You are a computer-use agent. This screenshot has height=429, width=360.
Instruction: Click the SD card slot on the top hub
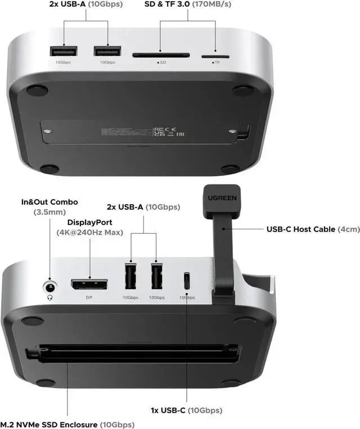[160, 56]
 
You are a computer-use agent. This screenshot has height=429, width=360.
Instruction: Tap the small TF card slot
[215, 56]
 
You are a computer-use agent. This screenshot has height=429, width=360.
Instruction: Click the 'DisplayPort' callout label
[89, 223]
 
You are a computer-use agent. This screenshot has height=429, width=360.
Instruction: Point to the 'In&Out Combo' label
[49, 202]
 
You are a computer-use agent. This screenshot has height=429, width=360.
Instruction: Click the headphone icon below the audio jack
[50, 298]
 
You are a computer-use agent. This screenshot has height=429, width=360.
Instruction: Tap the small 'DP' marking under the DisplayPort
[89, 297]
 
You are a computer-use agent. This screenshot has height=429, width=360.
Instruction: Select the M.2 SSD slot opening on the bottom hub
[135, 351]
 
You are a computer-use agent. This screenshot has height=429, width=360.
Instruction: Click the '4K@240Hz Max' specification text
[89, 232]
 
